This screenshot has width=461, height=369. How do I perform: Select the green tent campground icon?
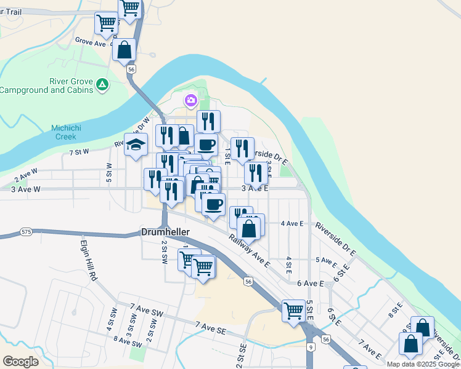coord(103,84)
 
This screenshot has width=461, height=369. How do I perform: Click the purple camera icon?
coord(190,100)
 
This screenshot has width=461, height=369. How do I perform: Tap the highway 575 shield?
coord(26,232)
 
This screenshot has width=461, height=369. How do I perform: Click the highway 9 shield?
coord(312,347)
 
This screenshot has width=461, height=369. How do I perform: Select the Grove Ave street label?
coord(91,41)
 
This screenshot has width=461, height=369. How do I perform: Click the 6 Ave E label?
coord(310,283)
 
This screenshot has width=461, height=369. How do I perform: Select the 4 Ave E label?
coord(292,224)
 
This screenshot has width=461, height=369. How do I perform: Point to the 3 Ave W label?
coord(25,190)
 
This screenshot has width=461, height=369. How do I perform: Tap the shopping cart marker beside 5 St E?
coord(294,310)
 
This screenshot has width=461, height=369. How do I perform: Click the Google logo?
coord(20,362)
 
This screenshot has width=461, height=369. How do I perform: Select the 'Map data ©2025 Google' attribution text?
coord(423,364)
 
